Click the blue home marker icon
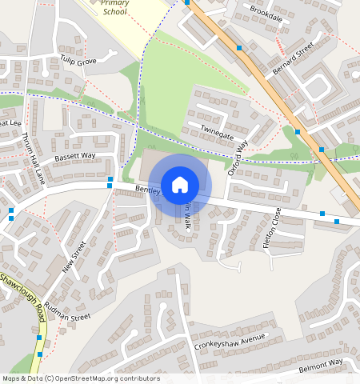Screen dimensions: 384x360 (x=180, y=185)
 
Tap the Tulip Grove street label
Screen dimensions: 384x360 (x=78, y=62)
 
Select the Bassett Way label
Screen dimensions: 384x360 (x=74, y=155)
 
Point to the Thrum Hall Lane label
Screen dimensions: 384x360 (x=33, y=158)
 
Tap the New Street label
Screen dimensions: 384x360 (x=74, y=257)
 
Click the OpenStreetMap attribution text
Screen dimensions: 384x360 (x=81, y=378)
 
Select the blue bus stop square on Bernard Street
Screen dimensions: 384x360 (x=298, y=131)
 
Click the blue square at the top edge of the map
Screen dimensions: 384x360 (x=187, y=2)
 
